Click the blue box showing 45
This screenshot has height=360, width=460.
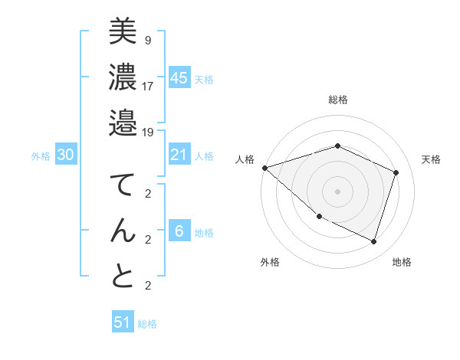point(179,77)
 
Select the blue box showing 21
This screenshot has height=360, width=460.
point(179,155)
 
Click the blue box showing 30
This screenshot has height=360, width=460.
point(65,155)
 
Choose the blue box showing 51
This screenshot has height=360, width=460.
point(123,322)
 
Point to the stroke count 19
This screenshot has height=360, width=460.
point(148,132)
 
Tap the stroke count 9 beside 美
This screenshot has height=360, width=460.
point(147,39)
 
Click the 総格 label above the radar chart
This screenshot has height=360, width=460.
point(338,100)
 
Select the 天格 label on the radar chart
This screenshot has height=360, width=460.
point(431,159)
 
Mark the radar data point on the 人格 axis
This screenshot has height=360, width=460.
point(264,168)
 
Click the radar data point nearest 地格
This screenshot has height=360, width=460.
point(374,242)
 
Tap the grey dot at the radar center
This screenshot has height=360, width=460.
point(337,191)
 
